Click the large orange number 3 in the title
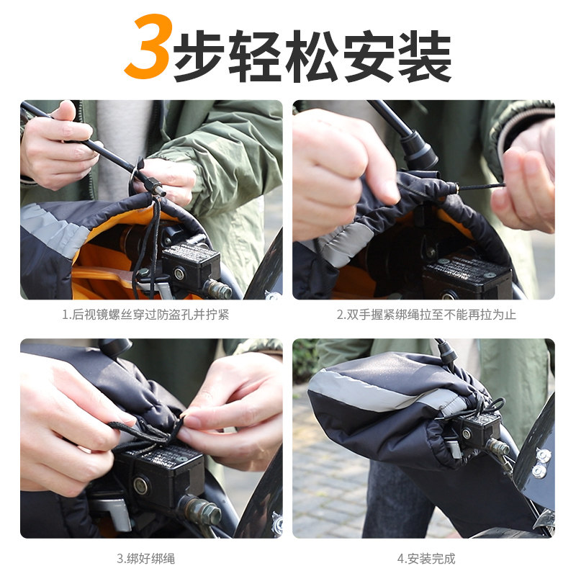tap(147, 46)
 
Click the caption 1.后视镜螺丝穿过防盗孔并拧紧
tap(145, 315)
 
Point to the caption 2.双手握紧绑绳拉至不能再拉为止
tap(426, 315)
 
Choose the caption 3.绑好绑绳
tap(146, 559)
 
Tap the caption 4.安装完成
tap(426, 559)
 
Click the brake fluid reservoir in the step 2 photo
tap(467, 277)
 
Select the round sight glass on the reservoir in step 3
tap(141, 485)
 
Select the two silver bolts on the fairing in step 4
tap(540, 464)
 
